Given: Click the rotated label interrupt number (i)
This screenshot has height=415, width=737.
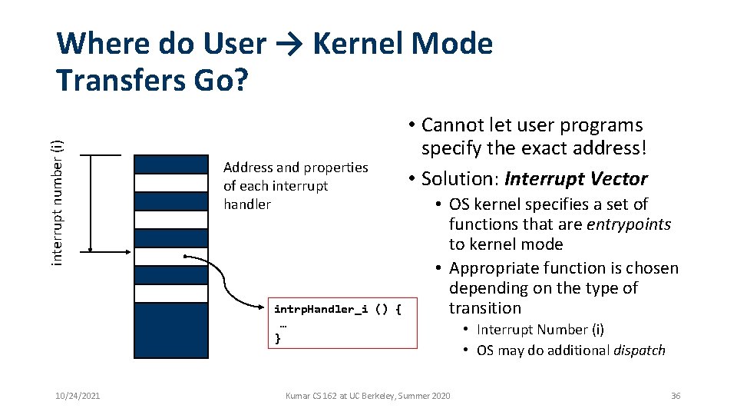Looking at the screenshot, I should tap(58, 203).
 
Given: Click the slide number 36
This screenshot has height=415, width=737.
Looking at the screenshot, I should tap(675, 396).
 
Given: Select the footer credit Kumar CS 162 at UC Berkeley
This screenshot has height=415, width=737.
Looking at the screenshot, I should tap(368, 396).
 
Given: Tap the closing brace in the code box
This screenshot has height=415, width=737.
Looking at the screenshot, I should tap(278, 337).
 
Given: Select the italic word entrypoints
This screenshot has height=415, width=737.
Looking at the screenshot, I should tap(629, 224).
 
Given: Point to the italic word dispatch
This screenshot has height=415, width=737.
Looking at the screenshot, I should tap(639, 350).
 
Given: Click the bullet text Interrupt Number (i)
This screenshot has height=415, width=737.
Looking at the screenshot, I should tap(540, 330).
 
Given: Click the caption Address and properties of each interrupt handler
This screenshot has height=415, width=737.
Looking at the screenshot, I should tap(296, 185).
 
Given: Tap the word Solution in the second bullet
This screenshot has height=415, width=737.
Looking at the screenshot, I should tap(457, 179).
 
